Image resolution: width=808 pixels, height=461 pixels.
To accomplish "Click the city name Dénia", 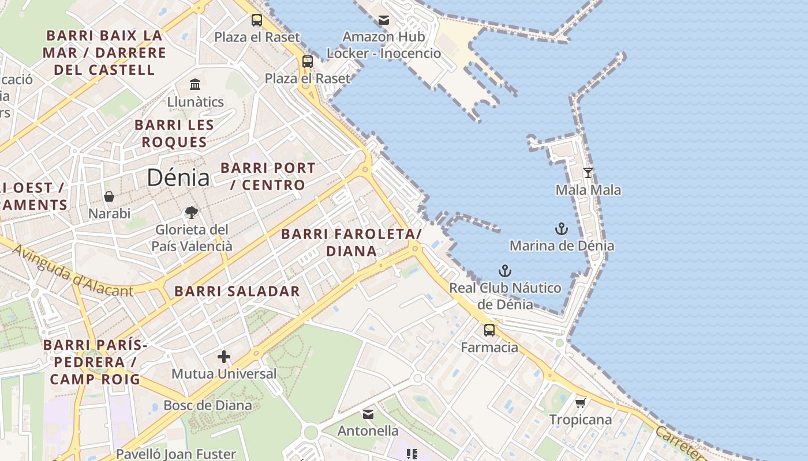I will pyautogui.click(x=178, y=177).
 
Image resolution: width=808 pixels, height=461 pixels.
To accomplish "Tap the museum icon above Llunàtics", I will pyautogui.click(x=195, y=84).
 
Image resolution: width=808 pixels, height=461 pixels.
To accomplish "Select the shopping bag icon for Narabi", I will pyautogui.click(x=109, y=197).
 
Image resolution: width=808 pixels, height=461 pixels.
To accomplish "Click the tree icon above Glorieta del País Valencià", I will pyautogui.click(x=192, y=213).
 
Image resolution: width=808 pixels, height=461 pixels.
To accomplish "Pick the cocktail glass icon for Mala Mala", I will pyautogui.click(x=588, y=172).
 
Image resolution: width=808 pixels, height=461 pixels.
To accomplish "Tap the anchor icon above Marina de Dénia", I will pyautogui.click(x=562, y=229).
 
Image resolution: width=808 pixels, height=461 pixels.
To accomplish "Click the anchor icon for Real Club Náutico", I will pyautogui.click(x=505, y=270).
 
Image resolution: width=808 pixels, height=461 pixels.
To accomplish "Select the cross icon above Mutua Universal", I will pyautogui.click(x=224, y=357).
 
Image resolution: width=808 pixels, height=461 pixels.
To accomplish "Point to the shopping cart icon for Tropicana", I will pyautogui.click(x=581, y=402).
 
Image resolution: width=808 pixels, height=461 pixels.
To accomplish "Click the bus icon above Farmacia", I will pyautogui.click(x=489, y=330).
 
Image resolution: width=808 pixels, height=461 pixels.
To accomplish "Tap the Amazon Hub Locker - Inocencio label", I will pyautogui.click(x=384, y=45).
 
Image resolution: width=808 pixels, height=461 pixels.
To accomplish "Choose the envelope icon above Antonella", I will pyautogui.click(x=368, y=414).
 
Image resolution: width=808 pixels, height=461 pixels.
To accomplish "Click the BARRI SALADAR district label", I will pyautogui.click(x=237, y=291).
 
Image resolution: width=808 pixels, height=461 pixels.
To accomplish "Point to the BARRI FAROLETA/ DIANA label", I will pyautogui.click(x=351, y=243).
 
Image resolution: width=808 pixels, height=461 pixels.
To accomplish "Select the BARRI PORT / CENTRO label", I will pyautogui.click(x=268, y=176).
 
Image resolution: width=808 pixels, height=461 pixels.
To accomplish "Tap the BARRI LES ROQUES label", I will pyautogui.click(x=174, y=133).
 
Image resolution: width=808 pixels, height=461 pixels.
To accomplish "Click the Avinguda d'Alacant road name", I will pyautogui.click(x=72, y=271).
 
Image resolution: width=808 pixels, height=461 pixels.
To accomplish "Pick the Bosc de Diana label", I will pyautogui.click(x=208, y=405).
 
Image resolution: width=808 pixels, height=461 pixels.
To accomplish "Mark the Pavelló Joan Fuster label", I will pyautogui.click(x=176, y=454).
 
